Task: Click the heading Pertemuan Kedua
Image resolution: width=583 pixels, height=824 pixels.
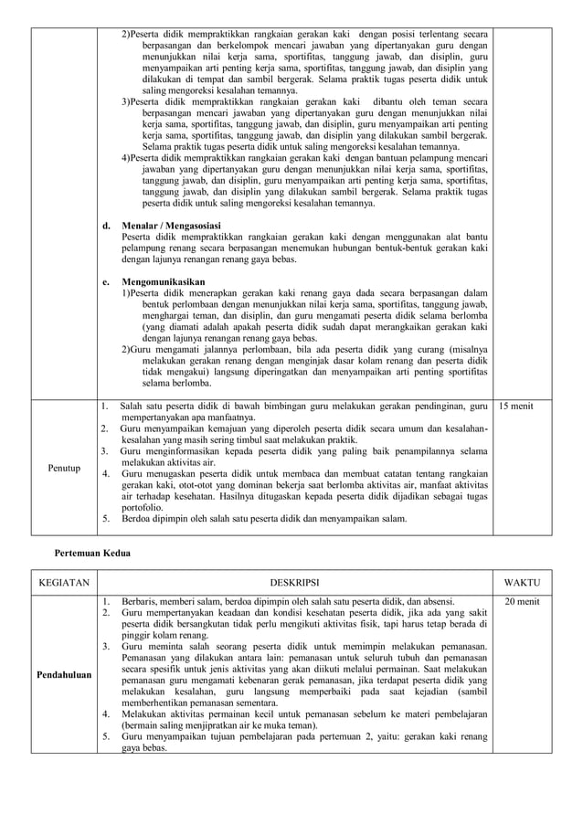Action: [92, 554]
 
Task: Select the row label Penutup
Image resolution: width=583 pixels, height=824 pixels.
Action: [64, 468]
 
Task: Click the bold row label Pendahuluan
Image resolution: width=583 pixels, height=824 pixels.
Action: [64, 675]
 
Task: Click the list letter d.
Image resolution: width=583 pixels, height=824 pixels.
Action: [106, 225]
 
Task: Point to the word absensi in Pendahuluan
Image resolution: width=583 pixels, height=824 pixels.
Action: [435, 601]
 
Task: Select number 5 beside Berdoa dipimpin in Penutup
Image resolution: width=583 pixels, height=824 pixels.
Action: [105, 519]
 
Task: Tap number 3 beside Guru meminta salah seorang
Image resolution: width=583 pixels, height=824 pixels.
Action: [105, 647]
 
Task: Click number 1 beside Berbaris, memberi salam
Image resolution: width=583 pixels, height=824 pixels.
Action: [105, 601]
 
